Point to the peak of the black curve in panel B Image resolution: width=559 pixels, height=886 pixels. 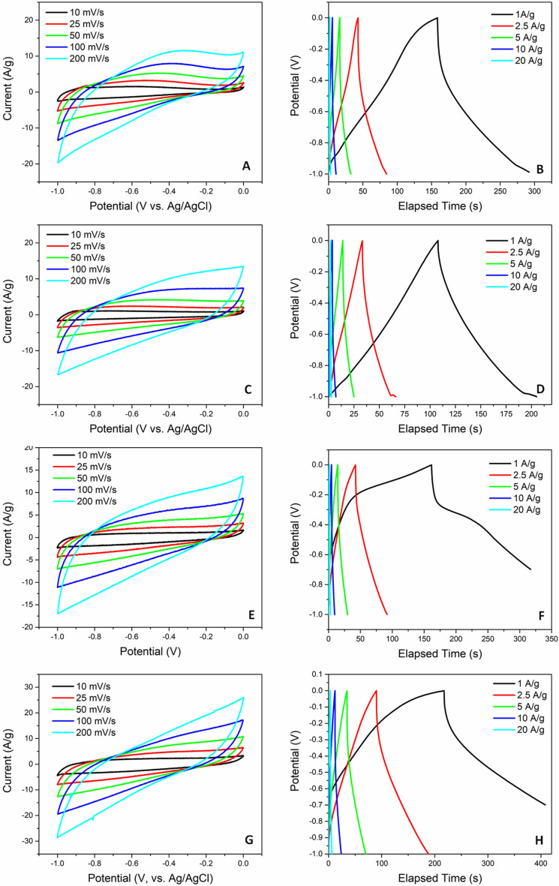[437, 18]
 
